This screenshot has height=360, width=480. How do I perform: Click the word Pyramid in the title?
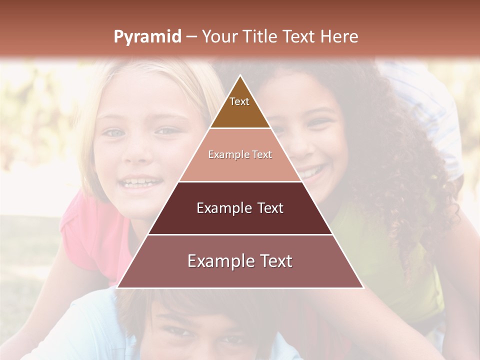click(147, 37)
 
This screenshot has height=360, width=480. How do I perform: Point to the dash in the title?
click(191, 37)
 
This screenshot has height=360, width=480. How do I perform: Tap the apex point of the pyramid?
click(240, 75)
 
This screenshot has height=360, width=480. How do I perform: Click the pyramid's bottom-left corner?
click(117, 287)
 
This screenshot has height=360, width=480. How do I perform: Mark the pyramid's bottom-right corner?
click(363, 287)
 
